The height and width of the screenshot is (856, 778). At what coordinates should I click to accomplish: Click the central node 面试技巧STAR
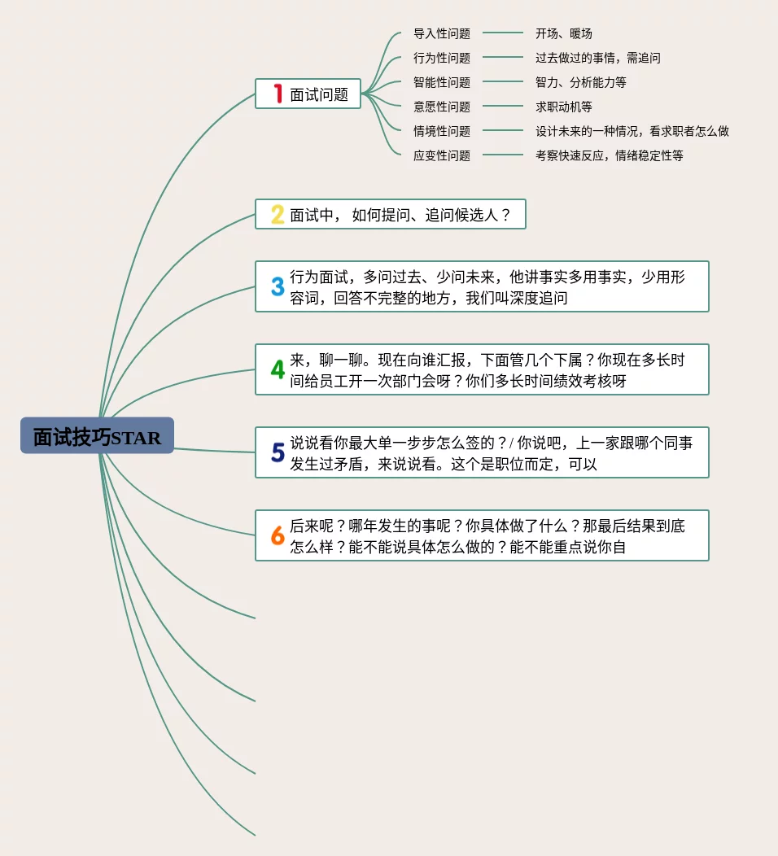pyautogui.click(x=97, y=436)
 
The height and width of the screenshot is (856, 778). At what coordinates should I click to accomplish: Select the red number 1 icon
pyautogui.click(x=278, y=94)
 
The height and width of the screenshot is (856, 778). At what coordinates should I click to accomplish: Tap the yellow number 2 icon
pyautogui.click(x=278, y=215)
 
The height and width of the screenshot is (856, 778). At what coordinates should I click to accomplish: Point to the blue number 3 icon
pyautogui.click(x=278, y=286)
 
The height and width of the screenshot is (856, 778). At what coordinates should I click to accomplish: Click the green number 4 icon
pyautogui.click(x=278, y=369)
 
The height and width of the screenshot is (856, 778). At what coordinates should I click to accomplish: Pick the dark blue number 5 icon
pyautogui.click(x=278, y=452)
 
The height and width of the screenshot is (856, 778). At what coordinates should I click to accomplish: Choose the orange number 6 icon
pyautogui.click(x=278, y=535)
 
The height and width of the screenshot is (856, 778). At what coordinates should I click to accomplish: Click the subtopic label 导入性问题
pyautogui.click(x=442, y=34)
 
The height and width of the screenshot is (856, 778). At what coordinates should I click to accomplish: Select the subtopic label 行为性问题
pyautogui.click(x=442, y=59)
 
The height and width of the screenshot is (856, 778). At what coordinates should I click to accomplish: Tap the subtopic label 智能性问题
pyautogui.click(x=442, y=83)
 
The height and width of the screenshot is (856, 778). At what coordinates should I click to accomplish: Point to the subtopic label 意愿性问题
pyautogui.click(x=442, y=107)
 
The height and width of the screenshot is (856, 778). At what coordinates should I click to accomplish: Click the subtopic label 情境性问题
pyautogui.click(x=442, y=132)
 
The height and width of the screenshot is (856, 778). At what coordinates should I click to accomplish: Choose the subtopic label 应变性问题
pyautogui.click(x=442, y=156)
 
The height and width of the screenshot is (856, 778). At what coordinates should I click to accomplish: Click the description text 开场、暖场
pyautogui.click(x=564, y=34)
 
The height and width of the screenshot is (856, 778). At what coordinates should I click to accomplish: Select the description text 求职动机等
pyautogui.click(x=564, y=107)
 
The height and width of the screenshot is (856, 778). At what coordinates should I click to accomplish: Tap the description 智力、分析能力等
pyautogui.click(x=581, y=83)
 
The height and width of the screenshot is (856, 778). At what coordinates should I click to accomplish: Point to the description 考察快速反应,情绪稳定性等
pyautogui.click(x=610, y=156)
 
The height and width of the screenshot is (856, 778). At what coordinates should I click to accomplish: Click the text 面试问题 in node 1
pyautogui.click(x=319, y=95)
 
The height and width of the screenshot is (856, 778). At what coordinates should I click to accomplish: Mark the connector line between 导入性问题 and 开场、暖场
pyautogui.click(x=503, y=33)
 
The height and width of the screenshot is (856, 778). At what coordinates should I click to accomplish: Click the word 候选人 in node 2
pyautogui.click(x=474, y=216)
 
